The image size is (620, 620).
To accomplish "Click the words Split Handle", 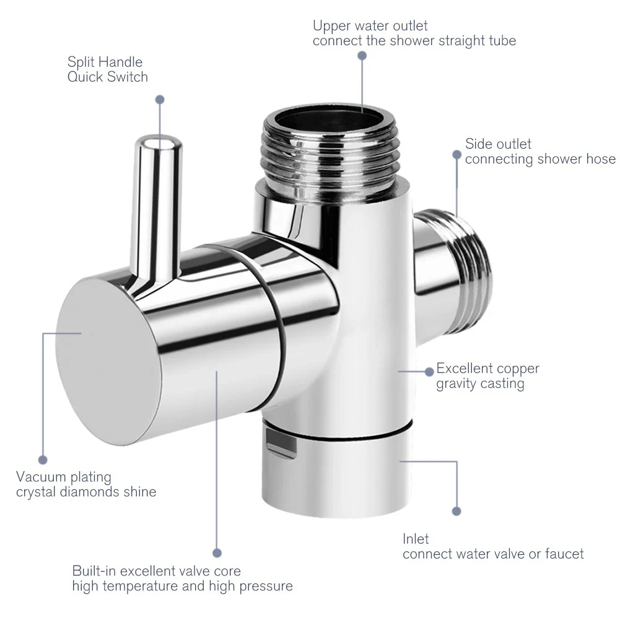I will (x=105, y=62).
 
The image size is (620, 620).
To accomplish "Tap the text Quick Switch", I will (x=108, y=77).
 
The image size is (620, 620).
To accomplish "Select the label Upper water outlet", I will (x=370, y=26).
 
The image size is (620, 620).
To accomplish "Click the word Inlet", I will (x=416, y=539).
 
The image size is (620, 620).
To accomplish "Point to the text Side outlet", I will (x=498, y=144).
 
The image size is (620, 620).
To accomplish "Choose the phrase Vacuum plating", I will (x=64, y=477).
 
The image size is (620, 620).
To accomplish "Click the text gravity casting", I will (x=480, y=384).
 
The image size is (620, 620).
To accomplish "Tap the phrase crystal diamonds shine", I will (x=86, y=492).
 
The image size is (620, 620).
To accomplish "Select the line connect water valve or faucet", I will (x=493, y=554).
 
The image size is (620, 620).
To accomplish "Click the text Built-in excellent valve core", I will (x=156, y=570).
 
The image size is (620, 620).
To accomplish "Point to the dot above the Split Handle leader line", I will (x=160, y=99).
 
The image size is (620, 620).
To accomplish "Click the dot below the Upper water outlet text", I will (x=362, y=55).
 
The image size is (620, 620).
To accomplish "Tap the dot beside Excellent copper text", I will (x=429, y=371).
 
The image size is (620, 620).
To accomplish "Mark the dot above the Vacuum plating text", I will (x=43, y=460).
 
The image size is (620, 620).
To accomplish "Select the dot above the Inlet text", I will (x=457, y=512).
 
